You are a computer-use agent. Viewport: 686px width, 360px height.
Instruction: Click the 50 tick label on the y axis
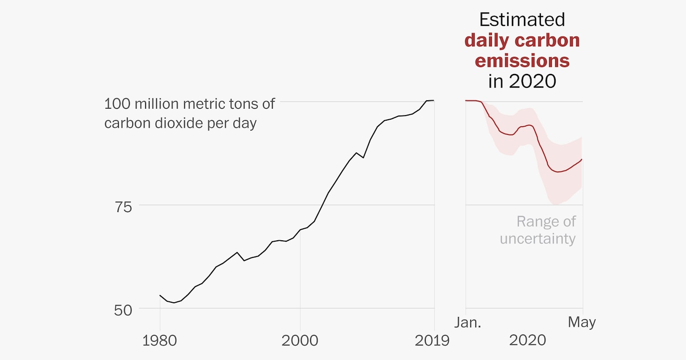(123, 310)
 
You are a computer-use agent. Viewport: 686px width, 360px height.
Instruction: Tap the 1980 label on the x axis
(159, 341)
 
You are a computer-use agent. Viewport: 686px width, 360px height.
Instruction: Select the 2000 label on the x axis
(300, 341)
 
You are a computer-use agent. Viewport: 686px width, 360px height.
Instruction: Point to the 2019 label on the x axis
(432, 341)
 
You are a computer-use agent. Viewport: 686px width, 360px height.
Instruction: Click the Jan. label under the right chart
(467, 322)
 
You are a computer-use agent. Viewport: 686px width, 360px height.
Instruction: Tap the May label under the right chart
(582, 322)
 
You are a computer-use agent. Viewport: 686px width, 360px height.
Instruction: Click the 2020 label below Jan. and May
(527, 341)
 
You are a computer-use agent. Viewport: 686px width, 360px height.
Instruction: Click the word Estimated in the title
(522, 20)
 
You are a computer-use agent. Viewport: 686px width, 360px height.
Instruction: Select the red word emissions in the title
(522, 61)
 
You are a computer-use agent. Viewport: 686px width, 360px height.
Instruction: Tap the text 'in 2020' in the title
(522, 81)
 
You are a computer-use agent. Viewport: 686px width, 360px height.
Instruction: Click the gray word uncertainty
(538, 239)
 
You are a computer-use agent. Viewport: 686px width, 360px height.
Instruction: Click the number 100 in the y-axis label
(116, 104)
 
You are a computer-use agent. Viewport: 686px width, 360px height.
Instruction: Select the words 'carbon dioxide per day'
(180, 123)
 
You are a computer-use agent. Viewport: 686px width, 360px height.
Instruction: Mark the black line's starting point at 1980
(160, 295)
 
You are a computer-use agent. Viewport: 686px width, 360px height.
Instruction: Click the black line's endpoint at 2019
(434, 100)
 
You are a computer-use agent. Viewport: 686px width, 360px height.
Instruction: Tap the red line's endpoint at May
(582, 159)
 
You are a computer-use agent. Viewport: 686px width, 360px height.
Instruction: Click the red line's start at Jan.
(466, 100)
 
